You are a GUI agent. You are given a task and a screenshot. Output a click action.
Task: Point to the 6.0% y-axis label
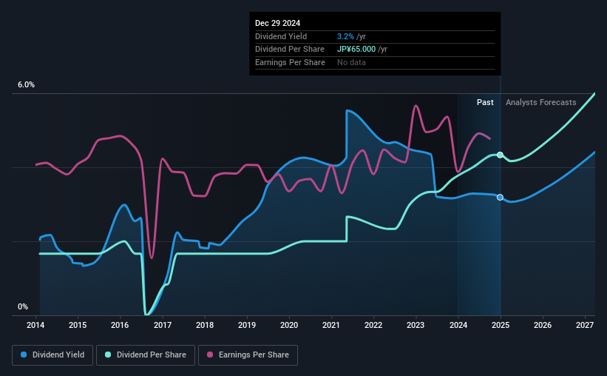point(26,85)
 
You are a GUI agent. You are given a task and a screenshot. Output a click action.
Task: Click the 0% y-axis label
point(23,306)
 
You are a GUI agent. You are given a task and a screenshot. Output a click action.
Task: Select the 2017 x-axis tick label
point(163,325)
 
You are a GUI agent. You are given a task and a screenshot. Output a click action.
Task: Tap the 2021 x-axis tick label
point(331,325)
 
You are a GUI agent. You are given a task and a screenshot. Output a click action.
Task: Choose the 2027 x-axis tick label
point(584,325)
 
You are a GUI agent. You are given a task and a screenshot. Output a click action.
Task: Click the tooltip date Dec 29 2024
point(278,24)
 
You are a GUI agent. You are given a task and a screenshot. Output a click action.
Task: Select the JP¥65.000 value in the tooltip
point(361,49)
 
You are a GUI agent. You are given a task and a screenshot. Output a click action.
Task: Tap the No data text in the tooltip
point(351,62)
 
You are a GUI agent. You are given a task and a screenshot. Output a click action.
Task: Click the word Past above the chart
point(485,102)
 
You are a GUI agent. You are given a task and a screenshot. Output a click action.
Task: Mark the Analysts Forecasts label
point(540,102)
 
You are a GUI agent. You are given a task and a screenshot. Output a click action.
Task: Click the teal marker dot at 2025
point(501,155)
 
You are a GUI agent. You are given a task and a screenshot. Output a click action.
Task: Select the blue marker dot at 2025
point(501,197)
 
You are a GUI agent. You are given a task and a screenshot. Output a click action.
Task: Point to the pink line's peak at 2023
point(416,105)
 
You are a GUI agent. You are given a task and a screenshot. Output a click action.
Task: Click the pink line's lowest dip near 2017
point(152,258)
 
